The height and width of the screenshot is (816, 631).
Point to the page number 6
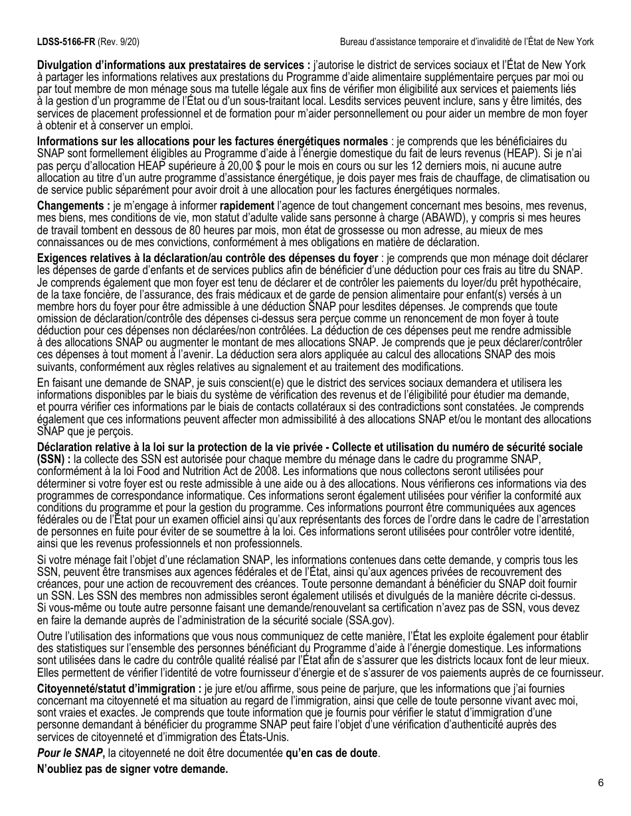pos(600,783)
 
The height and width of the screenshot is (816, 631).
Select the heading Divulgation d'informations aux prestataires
pos(173,65)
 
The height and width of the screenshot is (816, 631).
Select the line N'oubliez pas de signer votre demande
pos(132,769)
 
